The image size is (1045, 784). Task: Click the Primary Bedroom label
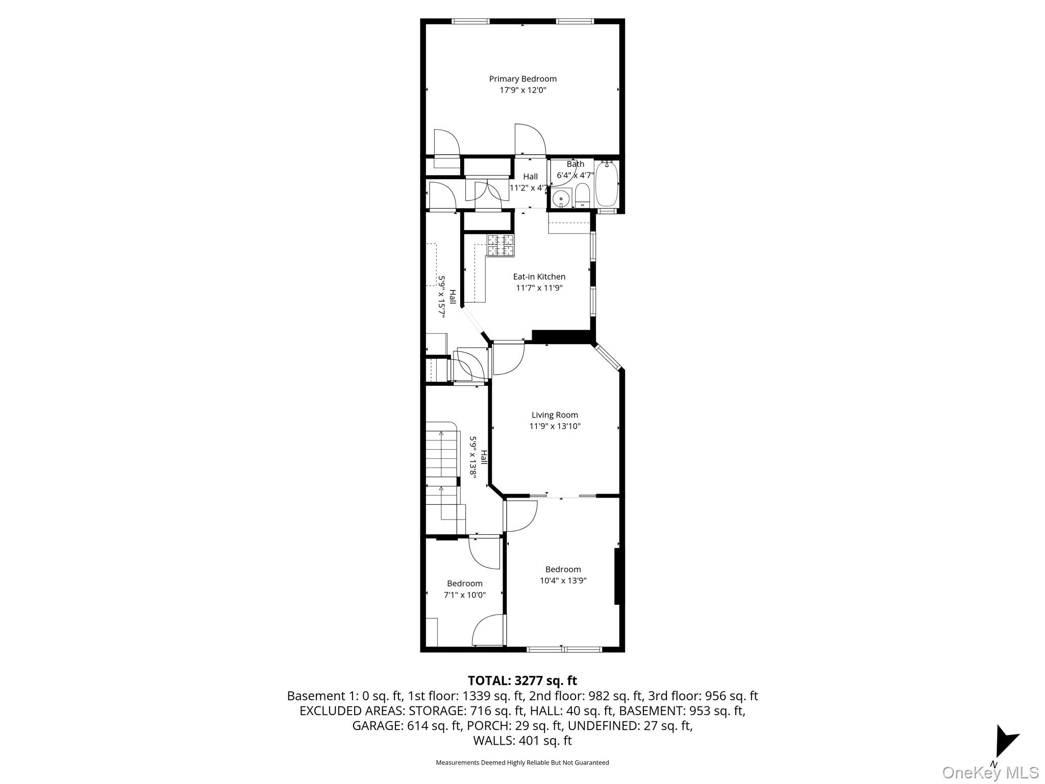(x=522, y=79)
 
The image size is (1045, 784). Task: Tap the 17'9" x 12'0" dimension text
(x=522, y=90)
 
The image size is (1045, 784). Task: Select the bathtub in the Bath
(x=607, y=184)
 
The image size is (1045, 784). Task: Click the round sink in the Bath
(x=561, y=198)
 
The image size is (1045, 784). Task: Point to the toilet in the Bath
(x=582, y=196)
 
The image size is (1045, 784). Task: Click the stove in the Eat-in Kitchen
(x=500, y=246)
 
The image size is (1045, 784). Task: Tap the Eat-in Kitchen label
(x=539, y=277)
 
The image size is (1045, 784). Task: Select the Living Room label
(x=555, y=415)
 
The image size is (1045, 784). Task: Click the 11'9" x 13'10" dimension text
(x=555, y=426)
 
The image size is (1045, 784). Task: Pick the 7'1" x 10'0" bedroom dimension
(x=464, y=595)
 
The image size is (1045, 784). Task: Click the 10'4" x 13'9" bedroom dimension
(x=563, y=580)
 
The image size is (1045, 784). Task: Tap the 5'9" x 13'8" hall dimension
(x=473, y=456)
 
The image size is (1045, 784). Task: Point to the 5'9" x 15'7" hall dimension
(x=442, y=297)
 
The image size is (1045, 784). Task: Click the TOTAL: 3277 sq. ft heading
(x=522, y=680)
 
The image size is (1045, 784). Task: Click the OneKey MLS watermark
(x=990, y=772)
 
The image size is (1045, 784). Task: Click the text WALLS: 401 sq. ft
(x=522, y=740)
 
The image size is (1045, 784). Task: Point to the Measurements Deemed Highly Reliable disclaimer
(x=522, y=763)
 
